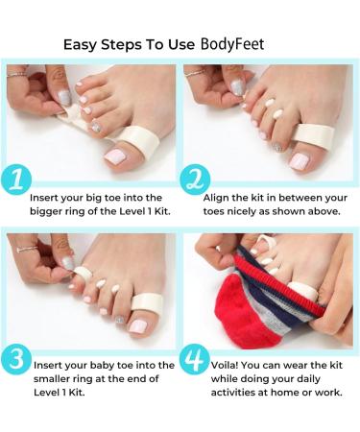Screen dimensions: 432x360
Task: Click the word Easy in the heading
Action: tap(80, 44)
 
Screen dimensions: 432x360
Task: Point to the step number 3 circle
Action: tap(18, 359)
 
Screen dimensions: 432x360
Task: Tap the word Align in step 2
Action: tap(218, 197)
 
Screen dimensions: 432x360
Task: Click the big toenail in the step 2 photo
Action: tap(300, 160)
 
